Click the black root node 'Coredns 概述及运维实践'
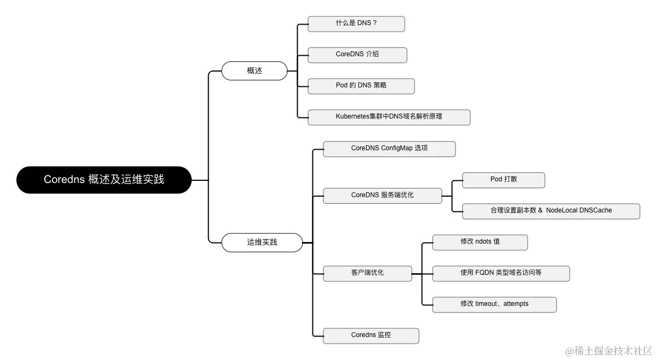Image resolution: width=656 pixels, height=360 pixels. tap(104, 180)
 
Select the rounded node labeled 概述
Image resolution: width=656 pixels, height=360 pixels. tap(254, 71)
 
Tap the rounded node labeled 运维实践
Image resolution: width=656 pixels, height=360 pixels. tap(262, 242)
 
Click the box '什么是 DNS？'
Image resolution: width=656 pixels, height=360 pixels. tap(356, 24)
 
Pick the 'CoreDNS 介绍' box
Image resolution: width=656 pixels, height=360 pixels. tap(357, 55)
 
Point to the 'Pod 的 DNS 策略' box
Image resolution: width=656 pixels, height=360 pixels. tap(361, 86)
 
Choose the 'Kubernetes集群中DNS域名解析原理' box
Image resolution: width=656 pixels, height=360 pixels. tap(389, 117)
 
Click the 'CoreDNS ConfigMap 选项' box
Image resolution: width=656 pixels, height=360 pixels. tap(389, 149)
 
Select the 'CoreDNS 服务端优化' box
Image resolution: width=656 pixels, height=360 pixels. tap(382, 195)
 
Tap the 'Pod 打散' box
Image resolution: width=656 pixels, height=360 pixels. tap(503, 180)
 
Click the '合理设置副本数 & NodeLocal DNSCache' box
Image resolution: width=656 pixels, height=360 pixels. tap(551, 211)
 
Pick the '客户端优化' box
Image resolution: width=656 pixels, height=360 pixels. tap(367, 273)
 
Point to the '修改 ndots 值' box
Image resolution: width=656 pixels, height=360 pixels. tap(480, 242)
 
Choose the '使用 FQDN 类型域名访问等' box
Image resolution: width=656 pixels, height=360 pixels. tap(501, 273)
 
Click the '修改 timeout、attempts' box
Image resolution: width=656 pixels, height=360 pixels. tap(494, 304)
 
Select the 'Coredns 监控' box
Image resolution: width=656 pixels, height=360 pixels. tap(371, 335)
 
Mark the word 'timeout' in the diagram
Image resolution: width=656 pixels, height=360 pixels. tap(487, 304)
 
